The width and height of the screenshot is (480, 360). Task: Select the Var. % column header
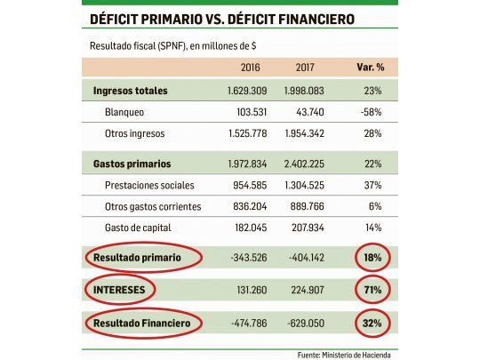367,68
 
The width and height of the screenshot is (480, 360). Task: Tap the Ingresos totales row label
130,91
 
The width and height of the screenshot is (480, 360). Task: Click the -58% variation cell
372,112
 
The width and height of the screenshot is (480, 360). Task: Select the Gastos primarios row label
132,164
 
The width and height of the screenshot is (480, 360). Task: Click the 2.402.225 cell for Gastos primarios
306,164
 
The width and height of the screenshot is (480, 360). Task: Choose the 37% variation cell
372,185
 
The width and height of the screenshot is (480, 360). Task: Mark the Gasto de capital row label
138,228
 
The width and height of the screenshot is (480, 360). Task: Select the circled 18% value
372,258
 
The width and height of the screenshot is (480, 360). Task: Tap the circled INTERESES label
122,289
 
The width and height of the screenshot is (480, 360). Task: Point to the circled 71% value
372,289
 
